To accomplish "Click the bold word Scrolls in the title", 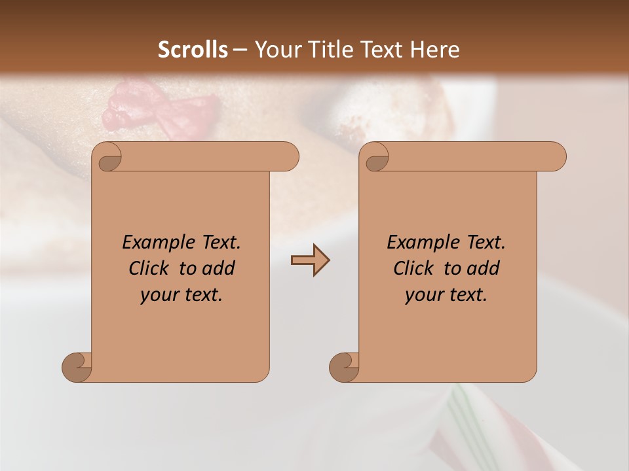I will click(x=193, y=50).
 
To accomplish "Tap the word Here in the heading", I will click(x=434, y=50).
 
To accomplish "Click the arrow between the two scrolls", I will click(x=310, y=260).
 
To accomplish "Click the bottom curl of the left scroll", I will click(x=77, y=366).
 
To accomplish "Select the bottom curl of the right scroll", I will click(x=344, y=366).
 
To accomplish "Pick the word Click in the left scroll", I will click(x=148, y=268).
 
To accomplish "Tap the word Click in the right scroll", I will click(x=413, y=268).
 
